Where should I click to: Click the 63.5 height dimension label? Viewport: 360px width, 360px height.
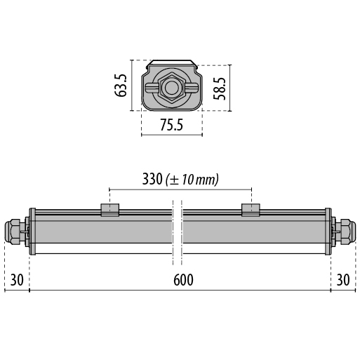(122, 86)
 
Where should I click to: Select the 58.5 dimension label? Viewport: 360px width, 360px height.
(220, 88)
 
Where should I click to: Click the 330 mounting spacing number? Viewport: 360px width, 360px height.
(152, 179)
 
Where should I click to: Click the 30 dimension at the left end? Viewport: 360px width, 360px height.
(18, 279)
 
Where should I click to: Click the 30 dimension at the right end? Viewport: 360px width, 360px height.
(343, 279)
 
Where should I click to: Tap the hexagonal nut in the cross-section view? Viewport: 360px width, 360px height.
(171, 88)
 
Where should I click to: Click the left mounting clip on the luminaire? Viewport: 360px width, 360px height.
(109, 210)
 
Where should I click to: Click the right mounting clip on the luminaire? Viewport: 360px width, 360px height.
(251, 210)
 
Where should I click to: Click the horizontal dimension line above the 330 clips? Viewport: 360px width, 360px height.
(180, 189)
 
